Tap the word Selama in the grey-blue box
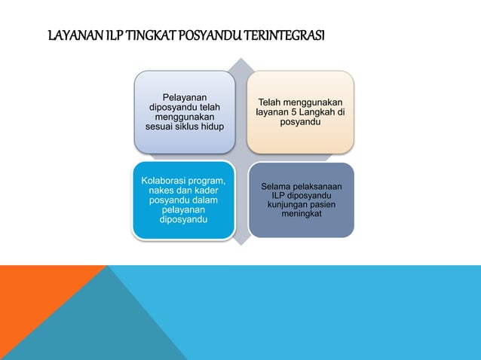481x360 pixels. [276, 186]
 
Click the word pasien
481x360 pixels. [323, 205]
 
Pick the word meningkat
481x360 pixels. [301, 215]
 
